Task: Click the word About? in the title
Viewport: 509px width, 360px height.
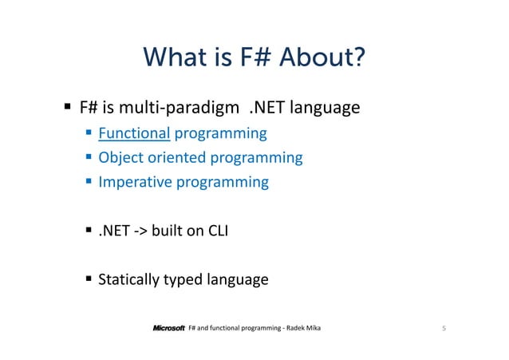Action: (x=318, y=58)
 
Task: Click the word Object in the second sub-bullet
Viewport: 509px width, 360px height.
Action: (x=119, y=157)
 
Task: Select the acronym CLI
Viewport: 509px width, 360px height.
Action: (x=218, y=232)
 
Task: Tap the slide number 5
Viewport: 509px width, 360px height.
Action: (x=442, y=328)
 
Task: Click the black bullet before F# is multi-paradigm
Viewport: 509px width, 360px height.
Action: (x=69, y=106)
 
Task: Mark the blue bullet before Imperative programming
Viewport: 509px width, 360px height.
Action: (x=89, y=182)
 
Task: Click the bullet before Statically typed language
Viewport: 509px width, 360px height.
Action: (x=89, y=280)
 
